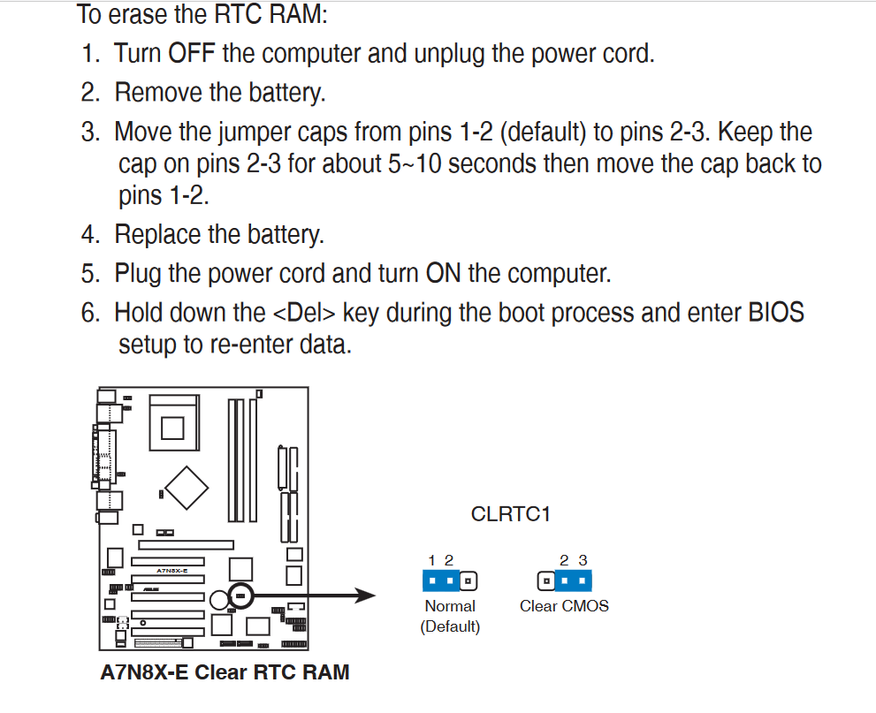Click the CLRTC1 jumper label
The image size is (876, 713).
tap(511, 513)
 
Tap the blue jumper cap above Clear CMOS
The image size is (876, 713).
tap(573, 580)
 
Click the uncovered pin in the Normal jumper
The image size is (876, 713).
tap(468, 580)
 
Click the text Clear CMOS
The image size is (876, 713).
tap(564, 606)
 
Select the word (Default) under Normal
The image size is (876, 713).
tap(450, 627)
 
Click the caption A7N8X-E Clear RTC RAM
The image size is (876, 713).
tap(225, 672)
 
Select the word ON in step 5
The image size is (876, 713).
tap(444, 273)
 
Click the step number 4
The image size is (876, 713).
tap(91, 235)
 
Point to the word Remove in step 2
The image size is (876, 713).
tap(154, 92)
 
